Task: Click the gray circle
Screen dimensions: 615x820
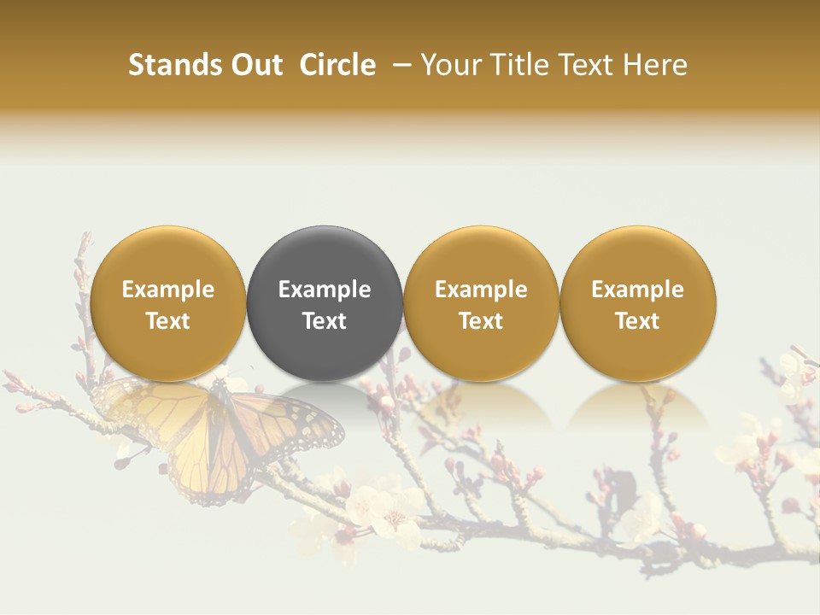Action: click(325, 303)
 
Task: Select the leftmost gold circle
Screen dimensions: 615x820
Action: click(168, 303)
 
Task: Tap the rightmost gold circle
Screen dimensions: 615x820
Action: click(638, 303)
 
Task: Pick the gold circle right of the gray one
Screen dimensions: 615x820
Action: click(481, 303)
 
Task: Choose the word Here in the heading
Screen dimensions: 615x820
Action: click(656, 65)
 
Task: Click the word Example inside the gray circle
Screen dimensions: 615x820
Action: click(325, 290)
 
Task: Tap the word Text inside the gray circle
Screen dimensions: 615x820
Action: click(325, 321)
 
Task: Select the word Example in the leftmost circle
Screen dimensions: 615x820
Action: click(168, 290)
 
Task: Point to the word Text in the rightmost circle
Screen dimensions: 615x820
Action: click(638, 321)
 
